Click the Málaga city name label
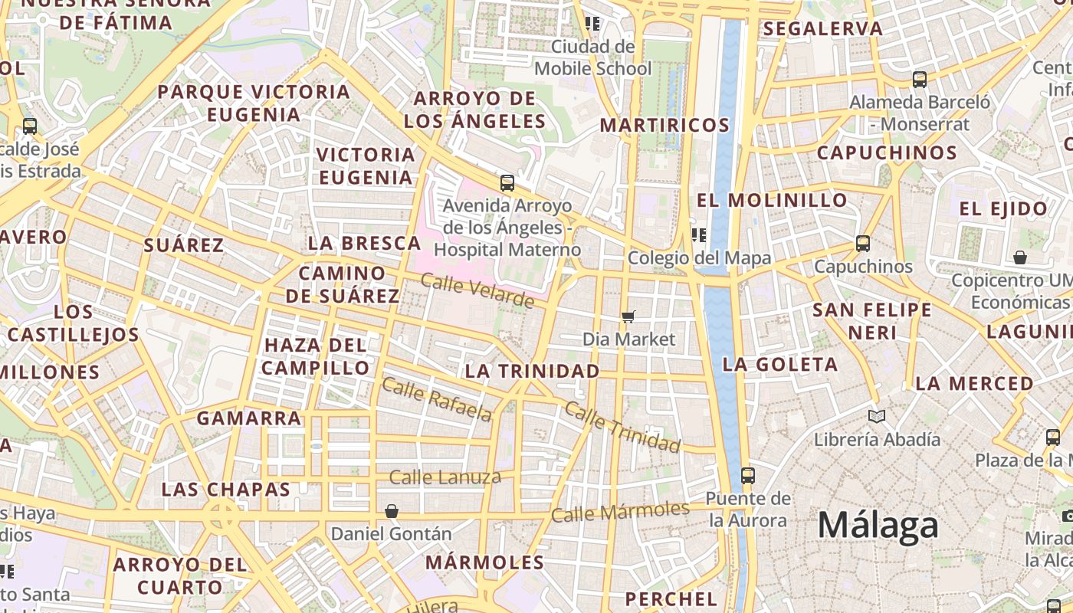pyautogui.click(x=878, y=526)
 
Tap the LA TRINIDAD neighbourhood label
pyautogui.click(x=533, y=371)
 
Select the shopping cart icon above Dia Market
pyautogui.click(x=628, y=316)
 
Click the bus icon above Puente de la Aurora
pyautogui.click(x=748, y=475)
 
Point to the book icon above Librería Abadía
pyautogui.click(x=877, y=416)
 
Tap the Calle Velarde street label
pyautogui.click(x=477, y=291)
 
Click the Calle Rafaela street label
pyautogui.click(x=436, y=399)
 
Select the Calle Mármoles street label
pyautogui.click(x=620, y=512)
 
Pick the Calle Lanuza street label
pyautogui.click(x=445, y=477)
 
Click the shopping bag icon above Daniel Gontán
pyautogui.click(x=392, y=510)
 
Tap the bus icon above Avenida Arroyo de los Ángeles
pyautogui.click(x=507, y=183)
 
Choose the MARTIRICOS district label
pyautogui.click(x=664, y=125)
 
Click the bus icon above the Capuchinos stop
pyautogui.click(x=863, y=244)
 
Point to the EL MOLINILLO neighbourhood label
pyautogui.click(x=772, y=201)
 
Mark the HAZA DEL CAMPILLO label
pyautogui.click(x=317, y=356)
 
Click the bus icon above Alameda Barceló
pyautogui.click(x=920, y=79)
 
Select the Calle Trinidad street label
pyautogui.click(x=622, y=426)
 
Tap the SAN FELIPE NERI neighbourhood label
pyautogui.click(x=872, y=321)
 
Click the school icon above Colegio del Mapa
pyautogui.click(x=698, y=234)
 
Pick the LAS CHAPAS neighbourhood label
pyautogui.click(x=226, y=490)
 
